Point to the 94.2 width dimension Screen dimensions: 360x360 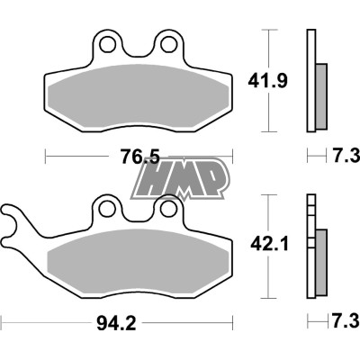(x=119, y=321)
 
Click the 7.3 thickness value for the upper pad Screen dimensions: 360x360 (x=341, y=157)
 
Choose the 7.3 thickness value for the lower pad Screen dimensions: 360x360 (x=341, y=321)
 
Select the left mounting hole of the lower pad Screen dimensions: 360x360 (x=108, y=209)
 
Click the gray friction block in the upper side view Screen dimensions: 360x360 (x=321, y=94)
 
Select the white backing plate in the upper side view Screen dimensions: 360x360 (x=311, y=81)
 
